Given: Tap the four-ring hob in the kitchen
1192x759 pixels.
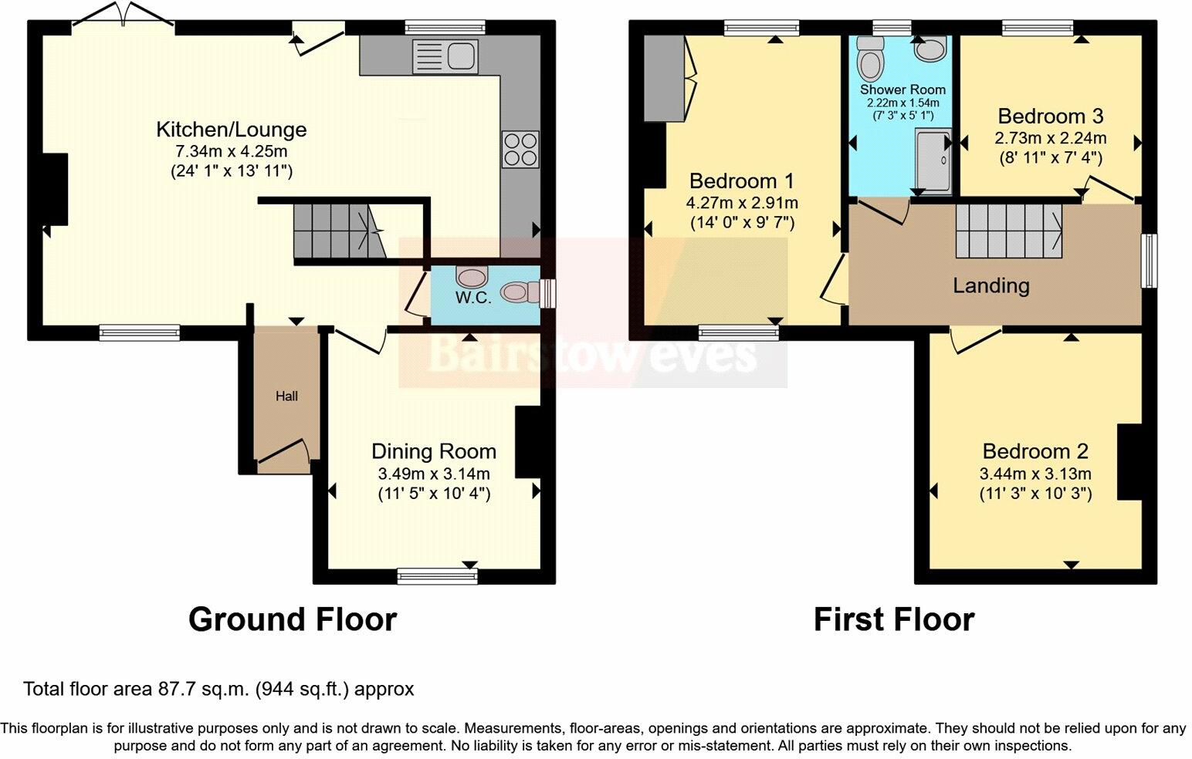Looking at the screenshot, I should point(520,149).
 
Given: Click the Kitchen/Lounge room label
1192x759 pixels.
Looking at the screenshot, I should point(231,130).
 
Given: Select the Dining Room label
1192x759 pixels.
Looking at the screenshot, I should point(433,451).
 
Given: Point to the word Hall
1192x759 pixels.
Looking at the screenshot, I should point(286,396).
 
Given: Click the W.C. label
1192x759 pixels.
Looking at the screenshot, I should point(472,298).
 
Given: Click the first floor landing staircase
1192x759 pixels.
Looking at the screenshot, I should point(1008,230).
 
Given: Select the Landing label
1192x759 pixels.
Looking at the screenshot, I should point(991,286).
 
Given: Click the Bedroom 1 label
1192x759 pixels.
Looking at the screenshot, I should point(741,181).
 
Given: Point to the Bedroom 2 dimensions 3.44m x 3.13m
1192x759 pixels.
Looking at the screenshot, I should point(1035,474).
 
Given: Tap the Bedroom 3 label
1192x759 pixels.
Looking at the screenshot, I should point(1050,116).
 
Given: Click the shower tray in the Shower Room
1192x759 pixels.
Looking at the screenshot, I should point(933,160).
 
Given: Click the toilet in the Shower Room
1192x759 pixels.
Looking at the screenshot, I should point(871,59).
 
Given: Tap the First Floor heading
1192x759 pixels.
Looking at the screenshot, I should point(893,619).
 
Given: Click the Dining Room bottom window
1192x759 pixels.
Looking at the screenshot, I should point(437,575).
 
